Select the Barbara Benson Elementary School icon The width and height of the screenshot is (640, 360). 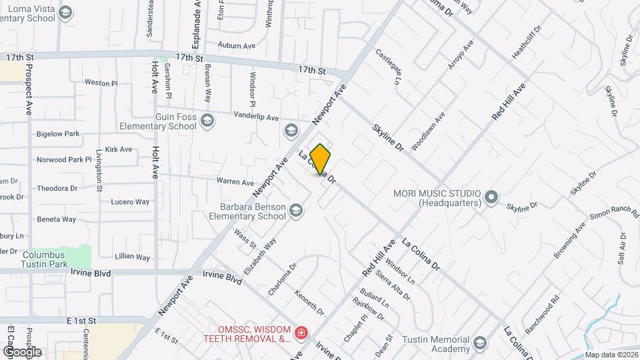296,211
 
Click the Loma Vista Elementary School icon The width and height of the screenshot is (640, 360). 65,13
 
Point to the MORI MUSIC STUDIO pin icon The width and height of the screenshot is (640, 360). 491,197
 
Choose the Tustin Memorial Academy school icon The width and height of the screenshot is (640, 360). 479,343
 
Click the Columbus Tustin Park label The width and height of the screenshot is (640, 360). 43,259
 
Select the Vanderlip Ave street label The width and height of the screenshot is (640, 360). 256,117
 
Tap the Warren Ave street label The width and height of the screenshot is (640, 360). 235,182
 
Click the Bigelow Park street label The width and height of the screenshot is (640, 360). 58,134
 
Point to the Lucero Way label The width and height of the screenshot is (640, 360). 130,201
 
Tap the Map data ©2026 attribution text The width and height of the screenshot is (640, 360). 611,355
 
